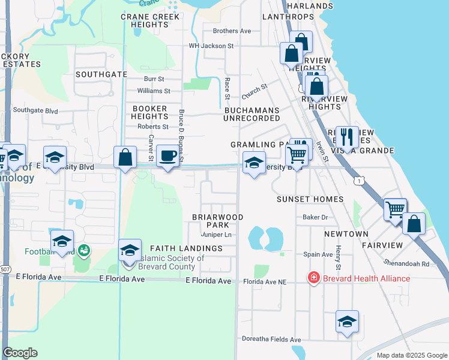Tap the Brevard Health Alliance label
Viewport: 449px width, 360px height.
tap(366, 278)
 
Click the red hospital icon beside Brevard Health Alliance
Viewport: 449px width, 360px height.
tap(313, 278)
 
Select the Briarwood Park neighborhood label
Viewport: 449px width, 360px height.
tap(217, 221)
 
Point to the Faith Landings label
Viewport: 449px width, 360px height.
tap(186, 248)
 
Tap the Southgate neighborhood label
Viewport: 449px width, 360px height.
tap(101, 74)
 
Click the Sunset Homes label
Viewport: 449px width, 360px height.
tap(310, 199)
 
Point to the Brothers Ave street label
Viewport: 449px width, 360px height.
tap(232, 31)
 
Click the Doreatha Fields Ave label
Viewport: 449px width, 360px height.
tap(271, 340)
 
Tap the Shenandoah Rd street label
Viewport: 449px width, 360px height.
tap(408, 263)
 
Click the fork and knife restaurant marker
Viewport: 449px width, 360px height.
tap(347, 137)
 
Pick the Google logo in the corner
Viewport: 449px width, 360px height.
tap(20, 352)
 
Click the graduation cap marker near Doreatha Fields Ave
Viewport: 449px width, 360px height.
tap(347, 322)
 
